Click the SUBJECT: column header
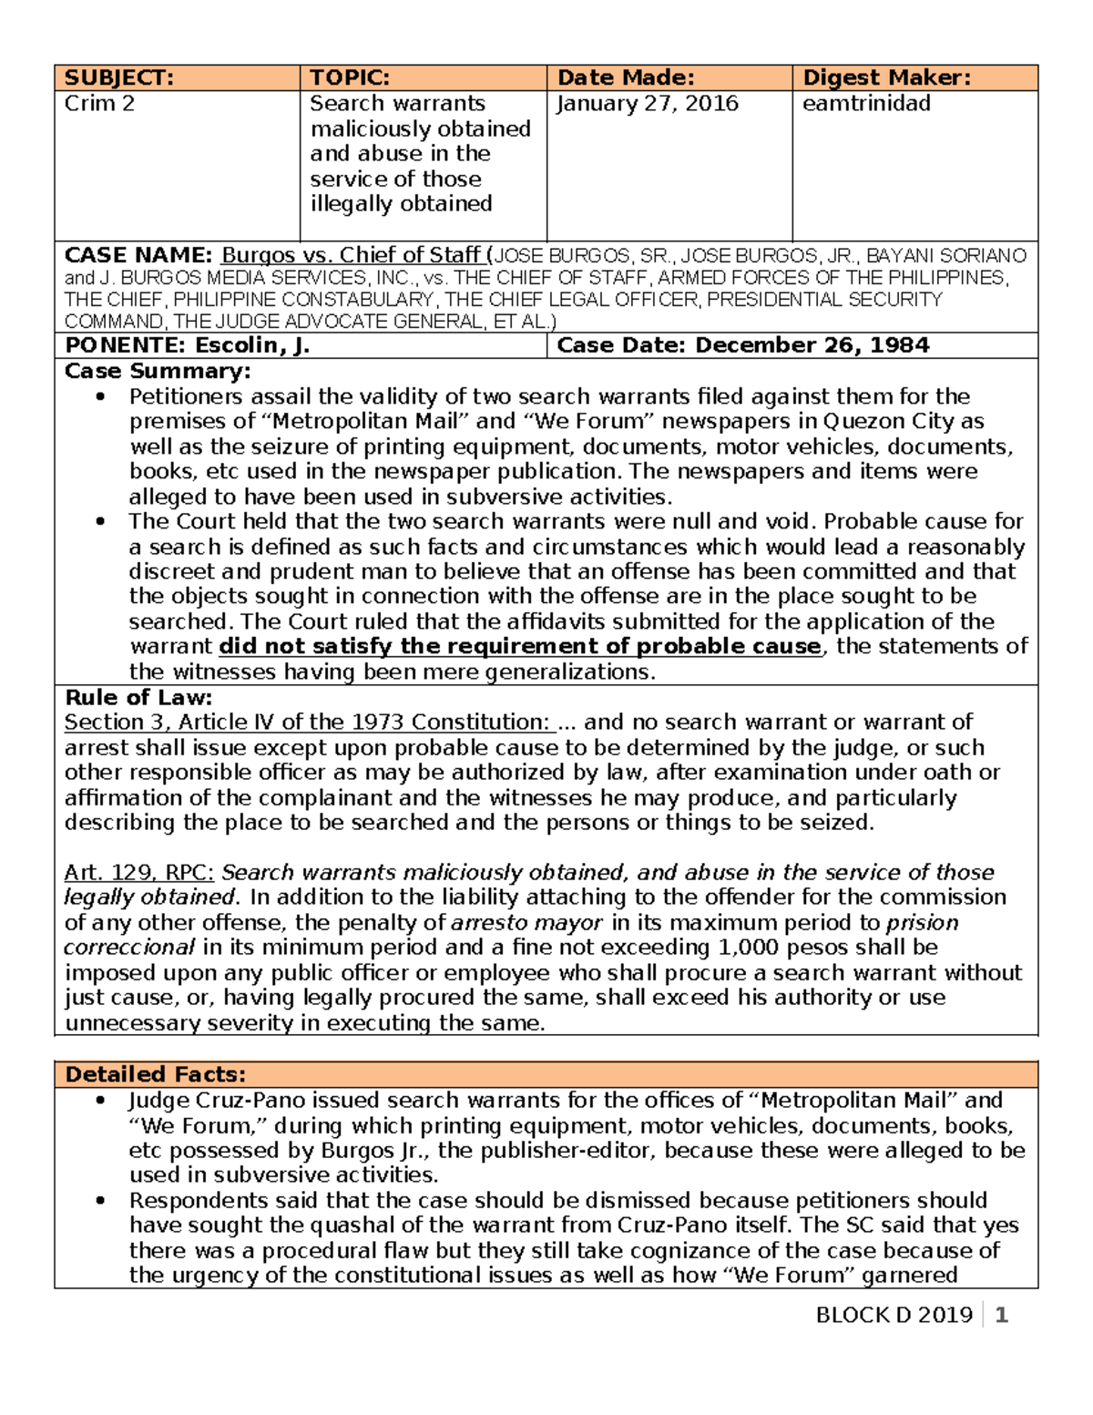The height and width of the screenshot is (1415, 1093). [118, 77]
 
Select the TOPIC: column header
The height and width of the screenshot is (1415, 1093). [350, 77]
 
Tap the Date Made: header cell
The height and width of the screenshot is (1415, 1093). [626, 77]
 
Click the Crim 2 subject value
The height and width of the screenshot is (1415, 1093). [99, 103]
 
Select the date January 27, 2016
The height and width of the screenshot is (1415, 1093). [647, 103]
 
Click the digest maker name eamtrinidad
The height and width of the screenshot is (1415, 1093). [866, 103]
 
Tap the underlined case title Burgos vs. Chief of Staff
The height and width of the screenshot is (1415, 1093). [352, 255]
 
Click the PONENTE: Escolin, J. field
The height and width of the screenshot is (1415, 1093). [187, 345]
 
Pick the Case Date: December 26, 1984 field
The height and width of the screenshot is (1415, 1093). [742, 345]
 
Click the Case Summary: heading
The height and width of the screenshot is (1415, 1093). [157, 371]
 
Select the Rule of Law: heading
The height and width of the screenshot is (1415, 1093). [138, 698]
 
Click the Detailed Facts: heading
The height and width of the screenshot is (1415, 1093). [155, 1074]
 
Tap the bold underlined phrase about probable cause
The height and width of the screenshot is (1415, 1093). [520, 646]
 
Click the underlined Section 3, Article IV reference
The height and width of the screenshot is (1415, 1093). [307, 723]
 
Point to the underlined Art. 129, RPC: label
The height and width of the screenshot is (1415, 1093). [138, 872]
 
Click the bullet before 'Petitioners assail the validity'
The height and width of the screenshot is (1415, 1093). [100, 396]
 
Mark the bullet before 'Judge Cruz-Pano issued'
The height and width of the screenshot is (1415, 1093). [100, 1101]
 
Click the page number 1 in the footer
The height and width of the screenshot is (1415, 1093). [1001, 1315]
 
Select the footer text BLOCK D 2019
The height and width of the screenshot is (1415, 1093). [894, 1315]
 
